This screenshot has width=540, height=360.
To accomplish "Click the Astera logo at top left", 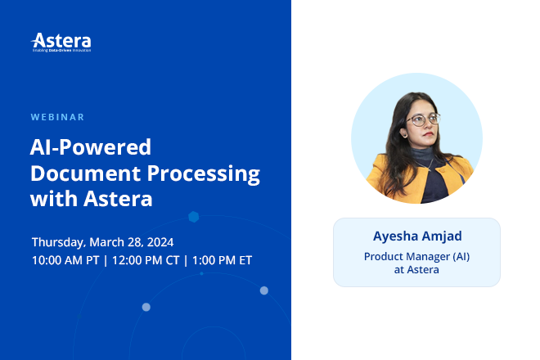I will [x=61, y=42].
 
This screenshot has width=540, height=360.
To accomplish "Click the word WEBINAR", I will [x=57, y=117].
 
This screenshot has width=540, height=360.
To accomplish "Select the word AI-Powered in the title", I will [x=91, y=147].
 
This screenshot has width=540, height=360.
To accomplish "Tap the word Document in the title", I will [x=88, y=173].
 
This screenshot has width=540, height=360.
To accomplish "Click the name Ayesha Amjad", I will [x=416, y=237].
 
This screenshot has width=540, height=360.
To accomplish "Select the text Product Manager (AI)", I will [x=416, y=256].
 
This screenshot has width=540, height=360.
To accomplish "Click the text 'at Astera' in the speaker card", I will [x=416, y=269].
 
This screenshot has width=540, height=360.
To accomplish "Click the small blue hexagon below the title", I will [x=194, y=217].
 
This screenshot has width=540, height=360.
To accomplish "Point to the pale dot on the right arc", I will [x=264, y=290].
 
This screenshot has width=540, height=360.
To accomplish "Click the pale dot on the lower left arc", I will [x=146, y=307].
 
